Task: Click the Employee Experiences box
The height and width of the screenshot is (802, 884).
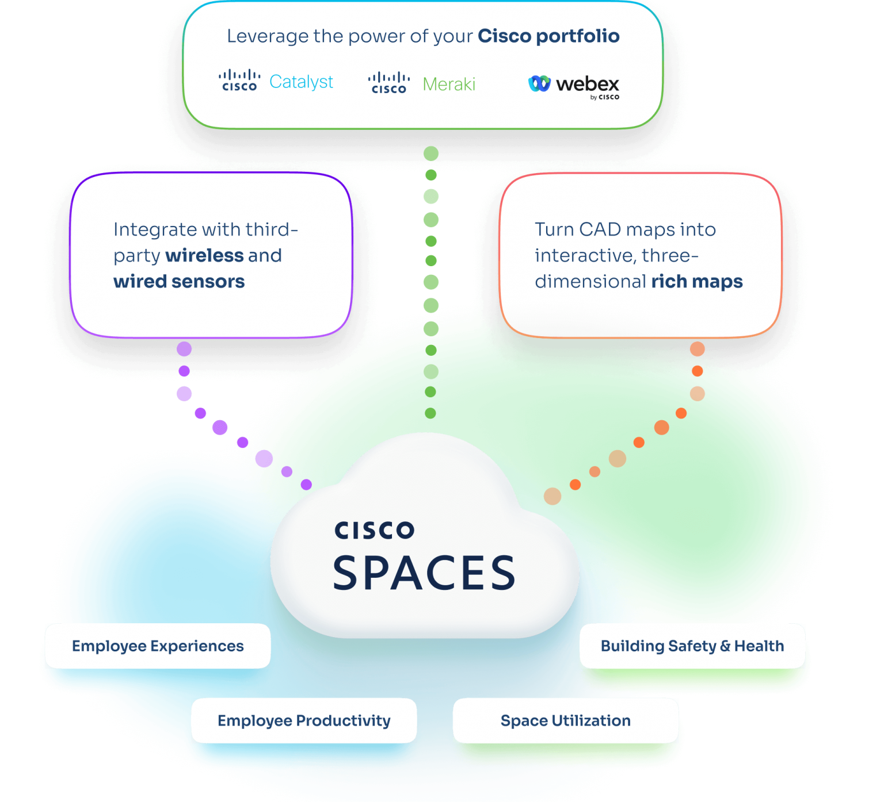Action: point(158,646)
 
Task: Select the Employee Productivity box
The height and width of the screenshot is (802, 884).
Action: point(304,721)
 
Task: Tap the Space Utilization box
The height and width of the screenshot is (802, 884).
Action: point(566,721)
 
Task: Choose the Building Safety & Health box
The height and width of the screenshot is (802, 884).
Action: point(692,646)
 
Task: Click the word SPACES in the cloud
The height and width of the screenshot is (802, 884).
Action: point(424,573)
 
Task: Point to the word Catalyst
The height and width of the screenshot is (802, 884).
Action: point(301,82)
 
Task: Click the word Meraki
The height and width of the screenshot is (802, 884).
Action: point(449,85)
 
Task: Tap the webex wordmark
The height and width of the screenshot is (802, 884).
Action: point(588,85)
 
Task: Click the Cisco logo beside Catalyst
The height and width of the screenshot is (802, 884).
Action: point(239,80)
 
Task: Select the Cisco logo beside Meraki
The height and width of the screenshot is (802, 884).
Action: point(389,83)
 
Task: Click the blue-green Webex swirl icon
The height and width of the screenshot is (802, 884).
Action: point(539,84)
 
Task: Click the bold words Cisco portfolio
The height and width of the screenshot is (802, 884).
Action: point(548,36)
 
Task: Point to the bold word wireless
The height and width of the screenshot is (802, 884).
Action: point(204,255)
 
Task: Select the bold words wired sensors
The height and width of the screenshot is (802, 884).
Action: point(179,281)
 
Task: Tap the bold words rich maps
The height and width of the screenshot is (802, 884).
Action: point(697,281)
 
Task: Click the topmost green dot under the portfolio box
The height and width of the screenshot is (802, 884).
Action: point(431,154)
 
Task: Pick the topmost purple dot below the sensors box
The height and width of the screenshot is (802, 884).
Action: point(184,349)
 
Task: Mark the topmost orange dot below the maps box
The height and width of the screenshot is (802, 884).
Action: point(697,349)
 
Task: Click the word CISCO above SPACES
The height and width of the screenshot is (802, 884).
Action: point(375,531)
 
